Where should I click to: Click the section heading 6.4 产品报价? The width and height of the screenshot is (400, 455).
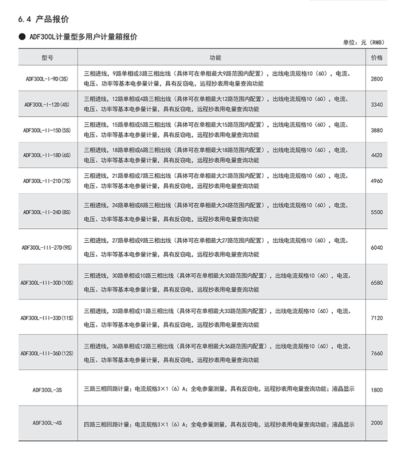[x=43, y=20]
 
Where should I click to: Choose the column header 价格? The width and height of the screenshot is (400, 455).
[x=377, y=58]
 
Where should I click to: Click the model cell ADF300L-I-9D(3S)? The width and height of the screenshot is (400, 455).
[x=47, y=79]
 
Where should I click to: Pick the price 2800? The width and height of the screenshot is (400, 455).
[x=377, y=79]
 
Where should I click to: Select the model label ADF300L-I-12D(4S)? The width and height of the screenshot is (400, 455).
[x=47, y=104]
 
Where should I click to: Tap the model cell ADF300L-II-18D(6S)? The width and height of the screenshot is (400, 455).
[x=47, y=155]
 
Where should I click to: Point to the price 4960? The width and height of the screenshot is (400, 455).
[x=377, y=181]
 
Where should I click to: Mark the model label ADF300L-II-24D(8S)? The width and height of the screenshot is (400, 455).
[x=47, y=212]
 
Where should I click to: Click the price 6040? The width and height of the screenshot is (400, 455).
[x=377, y=247]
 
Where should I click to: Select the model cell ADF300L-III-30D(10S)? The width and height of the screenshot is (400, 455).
[x=47, y=283]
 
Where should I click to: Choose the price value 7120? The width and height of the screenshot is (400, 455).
[x=377, y=318]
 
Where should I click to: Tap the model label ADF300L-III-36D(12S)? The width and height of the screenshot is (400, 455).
[x=47, y=353]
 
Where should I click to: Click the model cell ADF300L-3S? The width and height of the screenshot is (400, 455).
[x=47, y=389]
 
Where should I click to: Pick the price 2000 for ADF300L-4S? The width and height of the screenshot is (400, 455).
[x=377, y=423]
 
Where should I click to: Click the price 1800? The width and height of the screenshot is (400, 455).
[x=377, y=389]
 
